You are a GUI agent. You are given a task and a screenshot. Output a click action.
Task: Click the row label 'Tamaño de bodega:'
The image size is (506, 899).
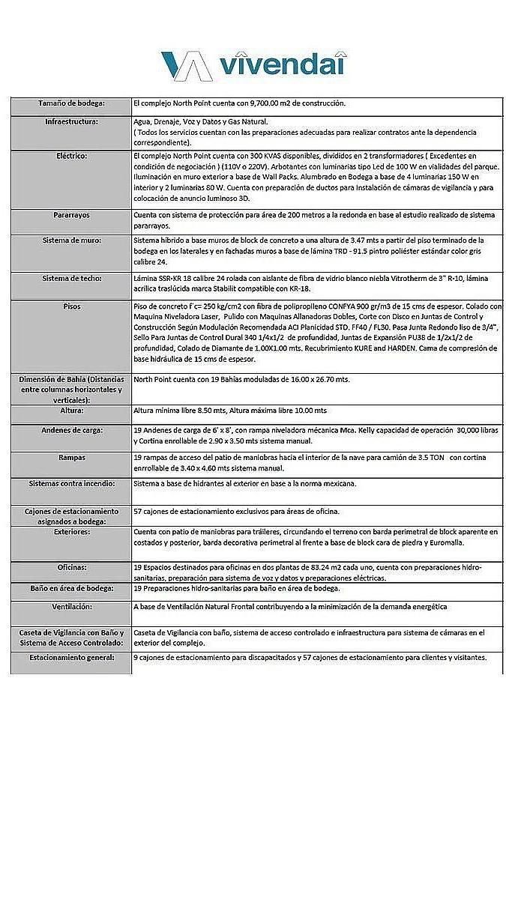pyautogui.click(x=72, y=103)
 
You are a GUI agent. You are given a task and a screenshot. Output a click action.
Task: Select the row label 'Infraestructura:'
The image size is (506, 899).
pyautogui.click(x=72, y=121)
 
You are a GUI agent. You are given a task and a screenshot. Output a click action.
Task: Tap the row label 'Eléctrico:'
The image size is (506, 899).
pyautogui.click(x=72, y=156)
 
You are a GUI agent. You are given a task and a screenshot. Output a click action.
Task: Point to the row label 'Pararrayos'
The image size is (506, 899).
pyautogui.click(x=72, y=215)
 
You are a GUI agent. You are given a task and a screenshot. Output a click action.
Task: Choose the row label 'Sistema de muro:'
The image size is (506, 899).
pyautogui.click(x=72, y=240)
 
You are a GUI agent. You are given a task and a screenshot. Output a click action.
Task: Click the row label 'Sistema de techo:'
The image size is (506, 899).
pyautogui.click(x=72, y=278)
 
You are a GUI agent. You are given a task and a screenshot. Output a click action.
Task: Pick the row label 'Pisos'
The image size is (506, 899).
pyautogui.click(x=72, y=306)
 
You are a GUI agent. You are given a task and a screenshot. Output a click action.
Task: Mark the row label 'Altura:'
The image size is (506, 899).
pyautogui.click(x=72, y=411)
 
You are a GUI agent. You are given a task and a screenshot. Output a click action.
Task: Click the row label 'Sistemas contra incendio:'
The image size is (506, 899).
pyautogui.click(x=72, y=484)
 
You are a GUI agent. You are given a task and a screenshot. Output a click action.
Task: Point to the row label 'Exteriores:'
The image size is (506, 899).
pyautogui.click(x=72, y=531)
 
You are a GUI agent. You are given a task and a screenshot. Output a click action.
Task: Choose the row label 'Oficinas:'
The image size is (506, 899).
pyautogui.click(x=72, y=567)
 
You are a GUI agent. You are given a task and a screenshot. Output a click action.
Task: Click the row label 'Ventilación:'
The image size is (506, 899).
pyautogui.click(x=72, y=606)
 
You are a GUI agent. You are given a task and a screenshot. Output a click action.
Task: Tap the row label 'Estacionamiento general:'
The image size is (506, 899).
pyautogui.click(x=72, y=657)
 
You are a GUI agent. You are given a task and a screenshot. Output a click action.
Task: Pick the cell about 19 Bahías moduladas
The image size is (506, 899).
pyautogui.click(x=241, y=379)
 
